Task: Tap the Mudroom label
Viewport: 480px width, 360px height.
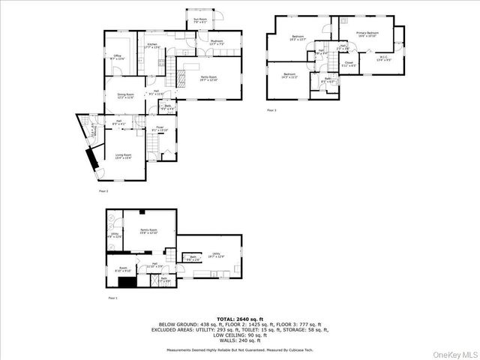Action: click(x=217, y=42)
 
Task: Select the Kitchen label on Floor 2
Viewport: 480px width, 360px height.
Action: click(x=153, y=46)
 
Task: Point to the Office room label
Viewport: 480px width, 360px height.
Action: click(x=118, y=57)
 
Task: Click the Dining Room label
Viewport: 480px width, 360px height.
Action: click(x=124, y=96)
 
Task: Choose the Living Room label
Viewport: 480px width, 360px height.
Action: click(x=123, y=156)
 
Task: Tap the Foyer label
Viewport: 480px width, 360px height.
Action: click(x=160, y=129)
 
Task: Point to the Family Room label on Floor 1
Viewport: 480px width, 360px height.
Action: click(x=148, y=231)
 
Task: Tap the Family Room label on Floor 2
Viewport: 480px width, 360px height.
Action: click(x=208, y=78)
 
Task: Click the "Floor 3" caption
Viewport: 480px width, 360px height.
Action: click(x=271, y=111)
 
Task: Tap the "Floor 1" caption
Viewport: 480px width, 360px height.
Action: click(x=112, y=298)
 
